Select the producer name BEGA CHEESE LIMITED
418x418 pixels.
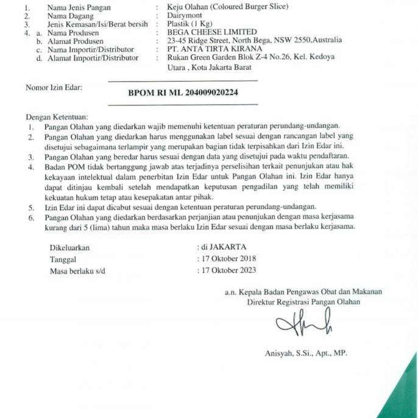(x=207, y=32)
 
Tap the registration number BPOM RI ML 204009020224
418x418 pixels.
(x=183, y=93)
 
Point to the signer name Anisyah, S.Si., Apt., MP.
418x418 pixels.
(x=306, y=353)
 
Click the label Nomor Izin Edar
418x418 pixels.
(x=54, y=88)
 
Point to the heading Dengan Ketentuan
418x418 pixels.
(x=57, y=116)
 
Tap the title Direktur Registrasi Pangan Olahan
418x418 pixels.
(x=303, y=301)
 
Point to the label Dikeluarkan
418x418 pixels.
(x=69, y=248)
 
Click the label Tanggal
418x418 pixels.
(x=63, y=260)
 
